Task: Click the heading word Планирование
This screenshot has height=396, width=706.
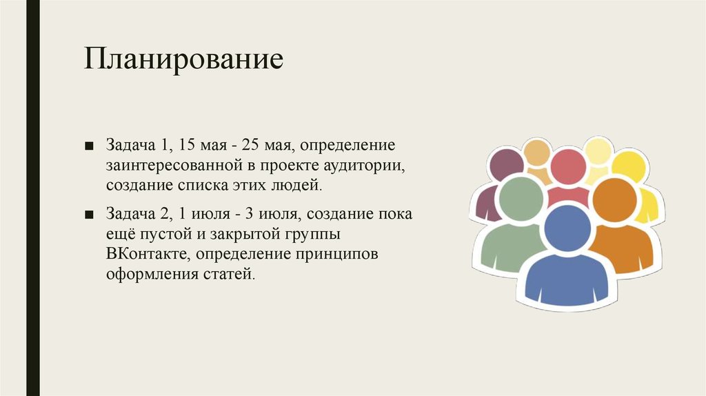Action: point(184,59)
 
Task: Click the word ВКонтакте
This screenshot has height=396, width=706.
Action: point(147,254)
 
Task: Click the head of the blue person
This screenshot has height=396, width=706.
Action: point(567,228)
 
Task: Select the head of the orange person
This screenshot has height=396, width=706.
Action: point(613,200)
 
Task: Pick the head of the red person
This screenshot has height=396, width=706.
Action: point(568,167)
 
